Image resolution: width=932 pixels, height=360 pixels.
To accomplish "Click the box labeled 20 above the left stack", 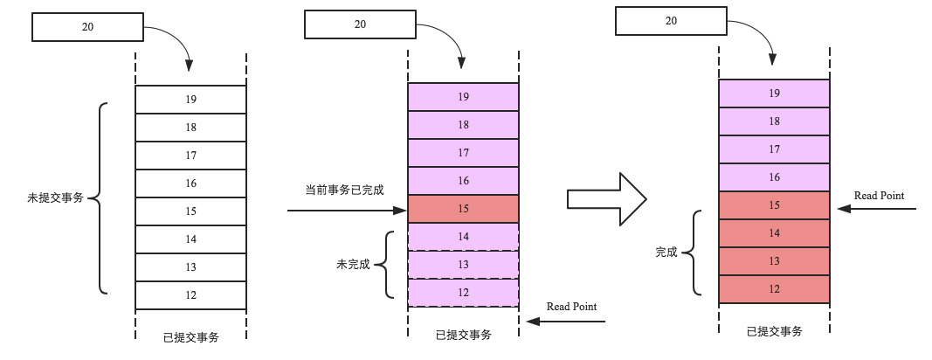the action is click(x=87, y=27).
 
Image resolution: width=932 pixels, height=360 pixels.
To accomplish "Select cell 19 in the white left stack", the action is click(x=190, y=100).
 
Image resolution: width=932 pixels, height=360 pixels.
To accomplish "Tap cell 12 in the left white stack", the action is click(x=190, y=295).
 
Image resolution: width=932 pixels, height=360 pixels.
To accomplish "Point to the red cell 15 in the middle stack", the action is click(x=463, y=209).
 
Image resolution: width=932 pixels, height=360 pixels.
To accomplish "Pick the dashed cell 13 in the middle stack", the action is click(x=463, y=265).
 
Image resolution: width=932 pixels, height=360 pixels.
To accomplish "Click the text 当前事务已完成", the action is click(x=345, y=190).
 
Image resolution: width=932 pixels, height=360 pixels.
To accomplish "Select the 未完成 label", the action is click(x=353, y=265).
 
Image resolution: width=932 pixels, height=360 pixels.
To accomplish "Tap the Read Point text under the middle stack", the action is click(x=571, y=307).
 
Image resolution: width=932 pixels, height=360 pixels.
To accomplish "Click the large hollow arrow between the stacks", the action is click(x=606, y=198).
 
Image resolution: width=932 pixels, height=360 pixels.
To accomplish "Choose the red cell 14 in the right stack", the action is click(x=774, y=233).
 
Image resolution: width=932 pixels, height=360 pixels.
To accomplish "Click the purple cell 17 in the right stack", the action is click(x=774, y=149).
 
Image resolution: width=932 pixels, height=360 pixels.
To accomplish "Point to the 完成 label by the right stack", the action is click(x=666, y=253).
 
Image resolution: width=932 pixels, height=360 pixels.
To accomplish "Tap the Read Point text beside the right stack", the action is click(x=879, y=196).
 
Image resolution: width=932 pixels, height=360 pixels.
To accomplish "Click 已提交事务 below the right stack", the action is click(x=775, y=332).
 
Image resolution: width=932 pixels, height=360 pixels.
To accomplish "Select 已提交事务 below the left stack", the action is click(x=190, y=337).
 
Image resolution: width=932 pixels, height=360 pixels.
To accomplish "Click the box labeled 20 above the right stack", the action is click(x=671, y=21).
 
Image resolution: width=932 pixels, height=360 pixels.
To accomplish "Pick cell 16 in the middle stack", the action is click(x=463, y=181).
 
